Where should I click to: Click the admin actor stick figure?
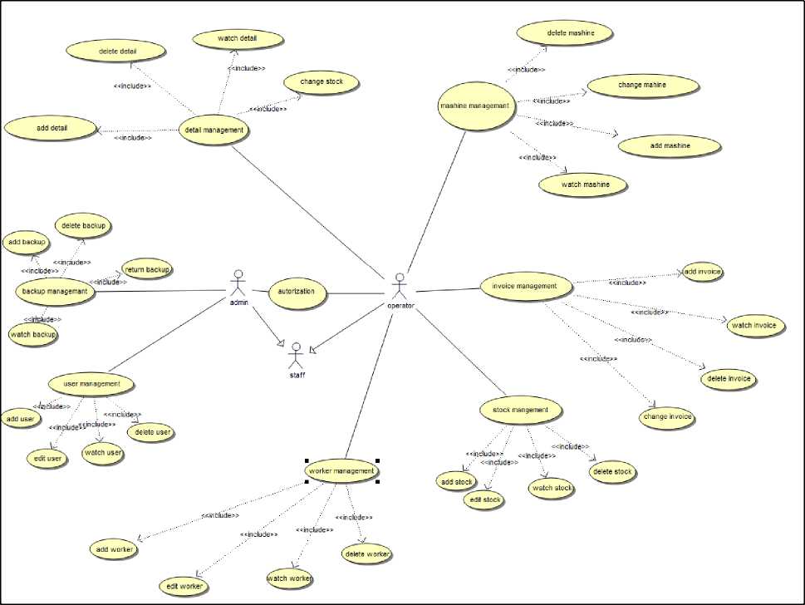[x=239, y=283]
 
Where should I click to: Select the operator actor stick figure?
[x=400, y=285]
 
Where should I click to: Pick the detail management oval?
[x=214, y=130]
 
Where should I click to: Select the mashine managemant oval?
[x=474, y=106]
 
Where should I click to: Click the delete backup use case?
[x=83, y=225]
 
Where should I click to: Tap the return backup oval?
[x=147, y=269]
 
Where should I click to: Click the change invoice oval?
[x=667, y=417]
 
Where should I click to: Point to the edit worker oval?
[x=184, y=587]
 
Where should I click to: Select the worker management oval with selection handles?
[x=341, y=471]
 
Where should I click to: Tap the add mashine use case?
[x=670, y=145]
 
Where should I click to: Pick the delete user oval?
[x=151, y=432]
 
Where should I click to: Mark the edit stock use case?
[x=484, y=499]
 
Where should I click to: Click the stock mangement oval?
[x=521, y=410]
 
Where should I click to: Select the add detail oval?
[x=52, y=128]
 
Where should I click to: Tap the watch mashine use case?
[x=583, y=184]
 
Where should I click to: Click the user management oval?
[x=91, y=384]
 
